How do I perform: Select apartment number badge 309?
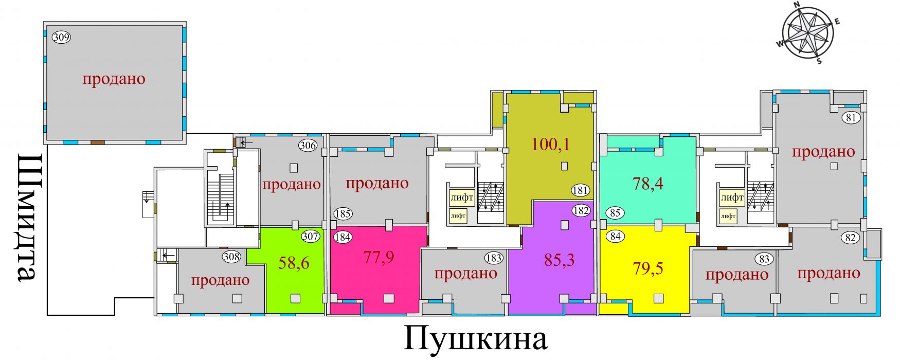tap(62, 37)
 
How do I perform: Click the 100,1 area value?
tap(550, 144)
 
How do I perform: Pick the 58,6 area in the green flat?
tap(294, 263)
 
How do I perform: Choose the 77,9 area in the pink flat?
tap(379, 257)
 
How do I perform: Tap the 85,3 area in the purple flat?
tap(560, 260)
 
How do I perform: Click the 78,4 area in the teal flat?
tap(648, 183)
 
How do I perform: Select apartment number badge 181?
tap(580, 190)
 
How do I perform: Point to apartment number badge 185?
tap(343, 213)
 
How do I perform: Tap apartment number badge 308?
tap(231, 257)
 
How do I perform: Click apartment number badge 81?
tap(852, 118)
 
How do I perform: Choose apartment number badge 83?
tap(764, 259)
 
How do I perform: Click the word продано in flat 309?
tap(114, 79)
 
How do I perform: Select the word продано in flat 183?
tap(465, 273)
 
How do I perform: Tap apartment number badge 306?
tap(308, 146)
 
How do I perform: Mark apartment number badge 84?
tap(615, 237)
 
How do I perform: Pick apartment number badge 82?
tap(851, 238)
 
